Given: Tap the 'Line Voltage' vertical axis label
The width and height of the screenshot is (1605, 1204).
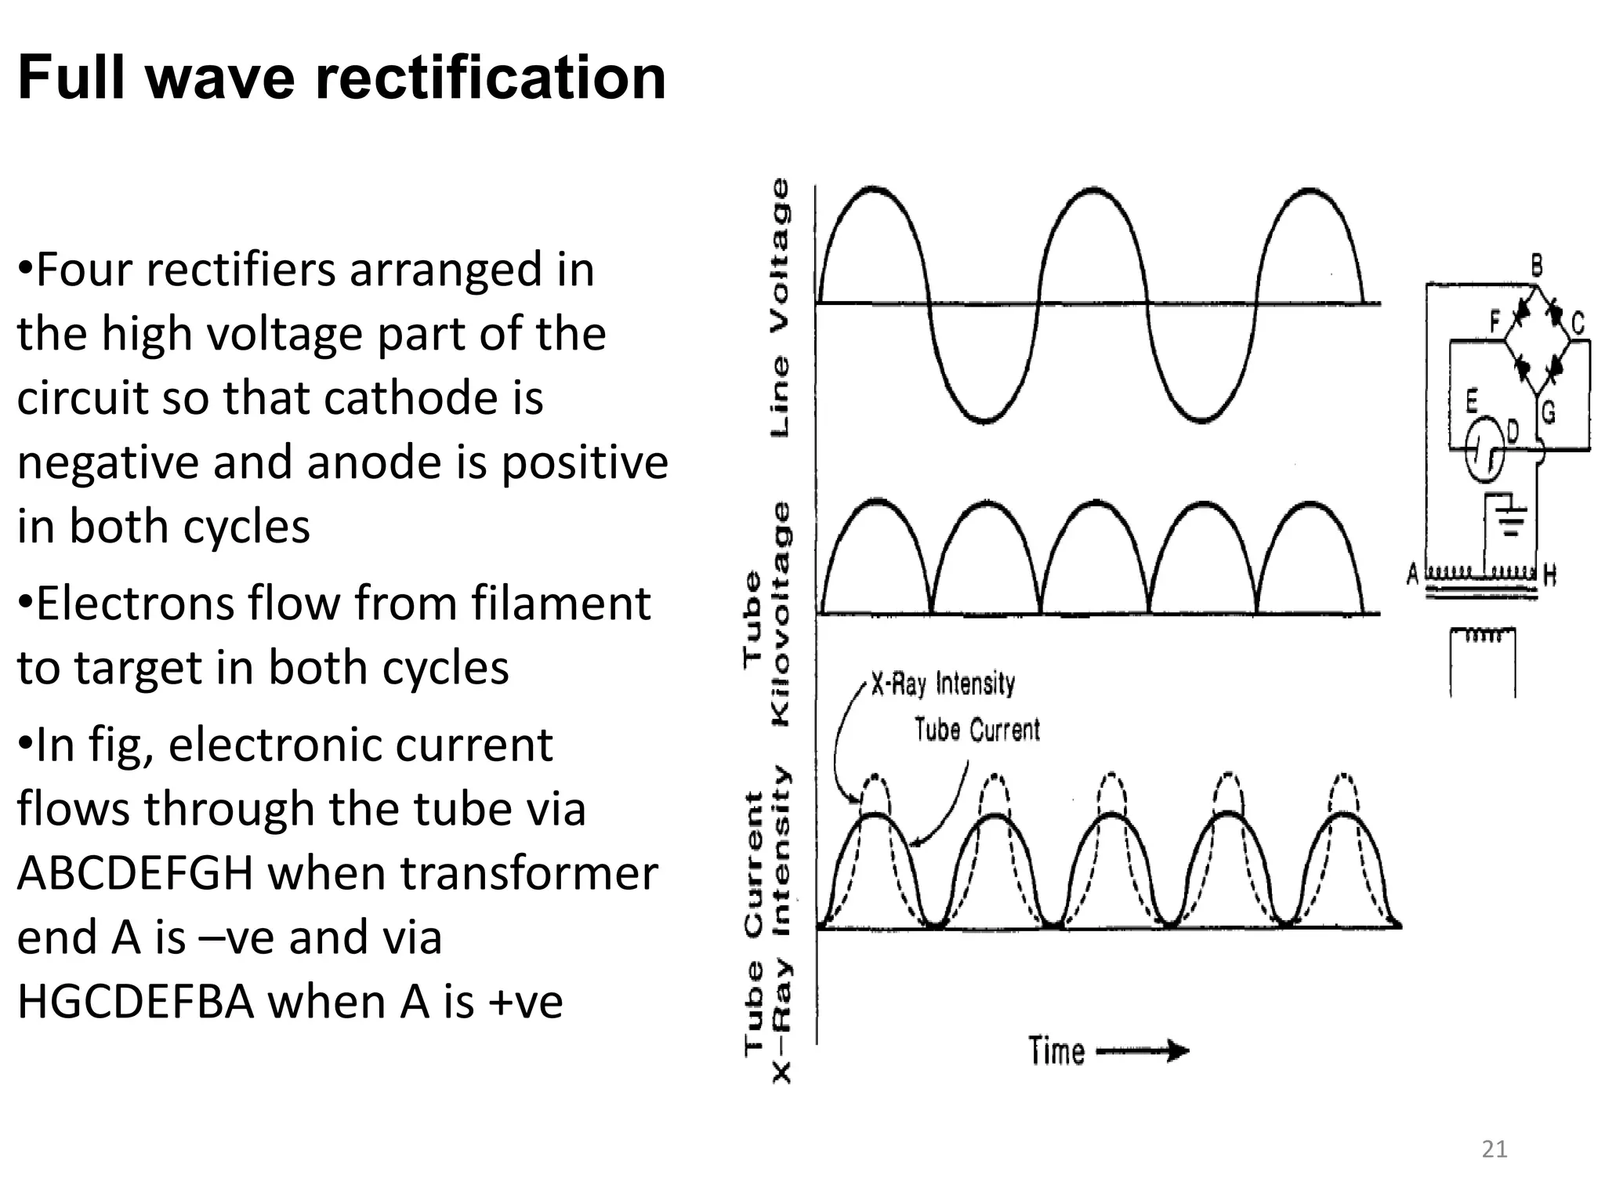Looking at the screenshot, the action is [779, 307].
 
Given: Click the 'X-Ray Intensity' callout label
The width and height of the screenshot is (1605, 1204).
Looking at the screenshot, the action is [943, 684].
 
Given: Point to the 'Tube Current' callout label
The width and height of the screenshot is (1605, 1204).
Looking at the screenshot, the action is [976, 730].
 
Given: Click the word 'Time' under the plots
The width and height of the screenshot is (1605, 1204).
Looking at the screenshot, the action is [1056, 1051].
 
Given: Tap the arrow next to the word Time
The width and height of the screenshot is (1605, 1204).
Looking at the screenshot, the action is [1143, 1051].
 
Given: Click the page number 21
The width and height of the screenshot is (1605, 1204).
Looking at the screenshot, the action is [1494, 1149].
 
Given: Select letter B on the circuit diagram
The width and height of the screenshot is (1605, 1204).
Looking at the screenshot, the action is [1537, 267].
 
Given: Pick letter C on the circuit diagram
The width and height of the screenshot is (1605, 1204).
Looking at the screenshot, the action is [1578, 323].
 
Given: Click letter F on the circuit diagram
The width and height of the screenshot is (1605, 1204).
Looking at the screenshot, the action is [1494, 321].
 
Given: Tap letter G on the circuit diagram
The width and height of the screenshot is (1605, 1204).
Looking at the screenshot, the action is [1549, 412].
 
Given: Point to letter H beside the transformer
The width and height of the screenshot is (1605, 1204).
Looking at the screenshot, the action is [1549, 575].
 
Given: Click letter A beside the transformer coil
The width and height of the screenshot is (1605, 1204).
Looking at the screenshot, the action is [1412, 574].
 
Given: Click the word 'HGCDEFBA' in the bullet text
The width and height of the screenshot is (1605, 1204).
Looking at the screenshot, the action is [135, 1001].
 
